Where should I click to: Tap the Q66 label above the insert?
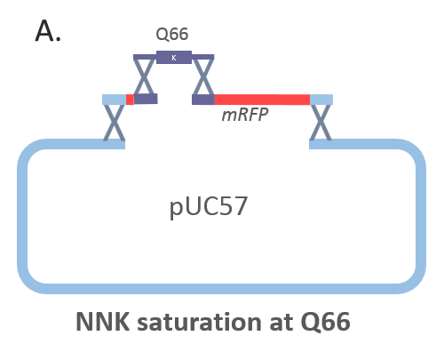tap(172, 34)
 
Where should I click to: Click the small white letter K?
tap(174, 58)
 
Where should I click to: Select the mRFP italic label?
tap(245, 115)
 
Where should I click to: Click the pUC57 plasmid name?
tap(209, 207)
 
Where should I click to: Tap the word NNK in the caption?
tap(103, 322)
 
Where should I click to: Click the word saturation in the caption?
tap(200, 322)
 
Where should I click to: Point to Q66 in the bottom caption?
tap(326, 323)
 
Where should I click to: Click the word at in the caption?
tap(281, 323)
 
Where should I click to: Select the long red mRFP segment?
tap(262, 100)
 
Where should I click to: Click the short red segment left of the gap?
tap(130, 100)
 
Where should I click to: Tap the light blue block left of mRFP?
tap(115, 100)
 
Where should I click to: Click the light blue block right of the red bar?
tap(321, 100)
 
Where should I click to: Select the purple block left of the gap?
tap(146, 99)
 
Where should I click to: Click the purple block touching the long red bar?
tap(203, 100)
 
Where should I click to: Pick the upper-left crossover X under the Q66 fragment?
tap(144, 76)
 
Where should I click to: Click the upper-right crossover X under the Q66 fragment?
tap(203, 76)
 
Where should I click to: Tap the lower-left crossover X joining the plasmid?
tap(115, 122)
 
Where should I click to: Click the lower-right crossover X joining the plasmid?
tap(321, 122)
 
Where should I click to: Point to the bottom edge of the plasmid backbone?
tap(222, 289)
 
